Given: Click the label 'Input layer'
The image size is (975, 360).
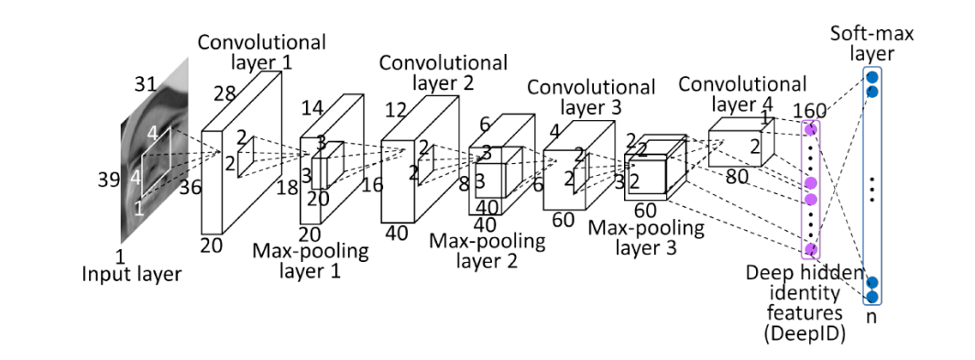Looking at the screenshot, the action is [131, 273].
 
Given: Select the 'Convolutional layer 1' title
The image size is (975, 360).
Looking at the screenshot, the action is [262, 51].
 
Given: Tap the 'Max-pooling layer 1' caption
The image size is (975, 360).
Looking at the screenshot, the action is [311, 261].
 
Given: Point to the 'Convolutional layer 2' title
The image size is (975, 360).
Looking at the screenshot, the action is [443, 72].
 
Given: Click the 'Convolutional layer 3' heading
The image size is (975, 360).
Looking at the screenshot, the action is [591, 97].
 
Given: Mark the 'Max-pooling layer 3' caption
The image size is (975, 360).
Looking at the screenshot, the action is [646, 237].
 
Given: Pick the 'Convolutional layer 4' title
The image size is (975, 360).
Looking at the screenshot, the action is [742, 93].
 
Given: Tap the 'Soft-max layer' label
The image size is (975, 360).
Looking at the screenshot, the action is [871, 43].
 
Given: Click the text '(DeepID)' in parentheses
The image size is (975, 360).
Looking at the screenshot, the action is [805, 333].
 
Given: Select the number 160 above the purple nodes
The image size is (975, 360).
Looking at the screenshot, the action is [810, 111].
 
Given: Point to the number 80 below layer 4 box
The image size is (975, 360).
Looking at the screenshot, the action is [737, 177].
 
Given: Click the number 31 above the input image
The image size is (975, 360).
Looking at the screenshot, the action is [145, 83].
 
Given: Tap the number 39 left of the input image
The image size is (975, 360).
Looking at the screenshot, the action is [109, 180].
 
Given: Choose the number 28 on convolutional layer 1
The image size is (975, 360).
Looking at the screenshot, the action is [224, 93].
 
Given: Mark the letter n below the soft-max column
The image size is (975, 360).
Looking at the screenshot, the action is [871, 316].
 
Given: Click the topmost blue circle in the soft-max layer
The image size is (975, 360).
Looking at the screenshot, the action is [871, 77].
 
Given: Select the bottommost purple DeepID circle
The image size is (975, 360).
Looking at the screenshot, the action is [811, 249].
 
